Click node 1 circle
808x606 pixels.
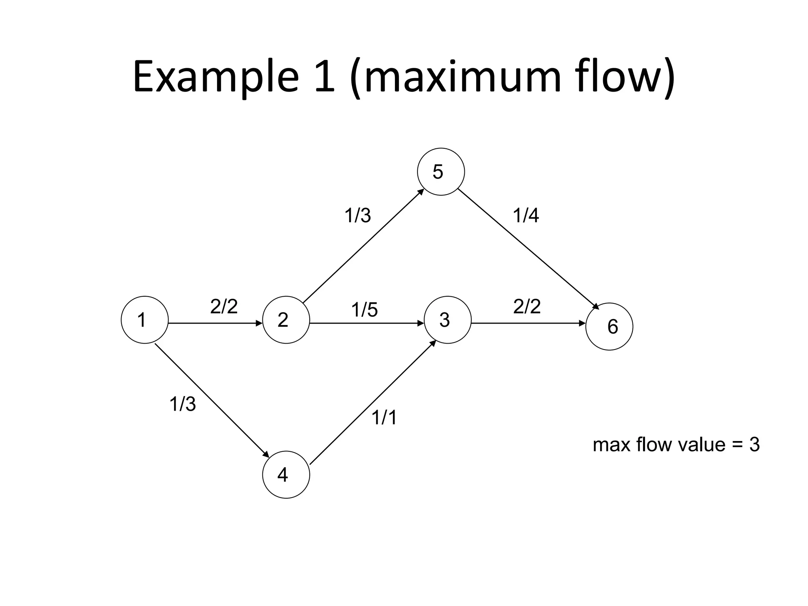144,320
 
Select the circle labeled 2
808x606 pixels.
286,320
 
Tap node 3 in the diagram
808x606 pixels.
447,320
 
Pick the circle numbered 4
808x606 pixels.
286,475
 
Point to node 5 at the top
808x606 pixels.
441,172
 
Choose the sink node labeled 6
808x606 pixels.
609,326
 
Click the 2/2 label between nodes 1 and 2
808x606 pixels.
224,307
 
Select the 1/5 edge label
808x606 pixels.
364,310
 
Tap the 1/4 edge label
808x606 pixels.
526,216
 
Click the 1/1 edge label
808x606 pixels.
384,417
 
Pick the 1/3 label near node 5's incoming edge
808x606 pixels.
357,216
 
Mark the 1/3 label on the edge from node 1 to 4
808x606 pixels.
182,404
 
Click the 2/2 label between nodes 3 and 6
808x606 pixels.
527,307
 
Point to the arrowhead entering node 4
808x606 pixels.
266,454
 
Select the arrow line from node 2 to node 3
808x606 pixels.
365,323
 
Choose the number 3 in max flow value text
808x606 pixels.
754,445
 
